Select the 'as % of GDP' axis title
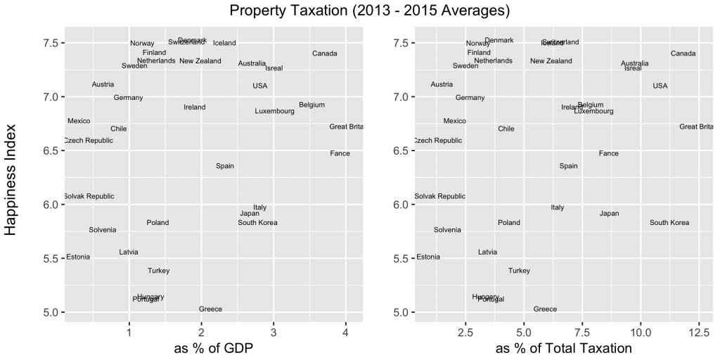(214, 347)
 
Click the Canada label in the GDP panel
(325, 53)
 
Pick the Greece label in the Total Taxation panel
(545, 309)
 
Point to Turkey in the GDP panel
(158, 271)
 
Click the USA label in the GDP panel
(260, 86)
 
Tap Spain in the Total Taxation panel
(568, 166)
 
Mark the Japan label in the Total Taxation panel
(610, 213)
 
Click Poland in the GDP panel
(157, 223)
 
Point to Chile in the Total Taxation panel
(506, 129)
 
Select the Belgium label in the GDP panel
(311, 105)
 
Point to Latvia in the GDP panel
(129, 252)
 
